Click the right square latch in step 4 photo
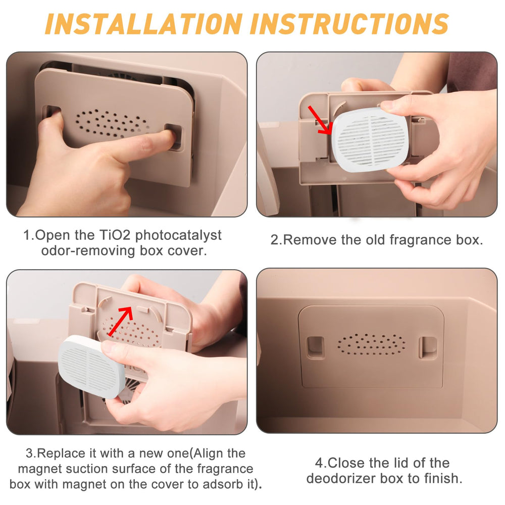[428, 347]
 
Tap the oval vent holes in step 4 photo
[371, 343]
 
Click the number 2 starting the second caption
[275, 240]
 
